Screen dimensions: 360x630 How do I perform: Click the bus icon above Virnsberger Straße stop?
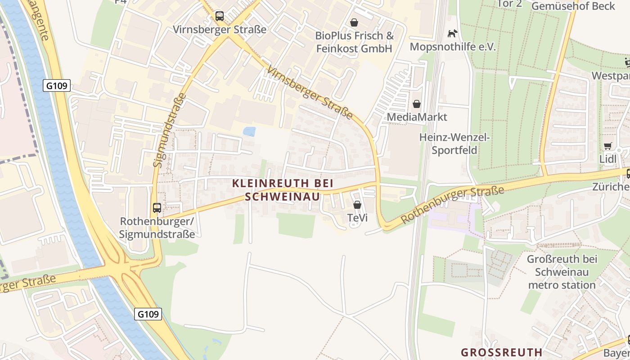pos(219,16)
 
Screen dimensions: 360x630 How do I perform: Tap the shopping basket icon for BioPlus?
pos(355,22)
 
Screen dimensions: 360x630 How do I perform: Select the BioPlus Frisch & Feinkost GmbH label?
pos(354,42)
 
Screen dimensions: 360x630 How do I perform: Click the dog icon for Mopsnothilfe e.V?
pos(452,34)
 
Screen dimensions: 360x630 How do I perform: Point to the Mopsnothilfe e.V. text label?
pos(453,47)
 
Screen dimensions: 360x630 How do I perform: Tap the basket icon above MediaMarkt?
pos(417,104)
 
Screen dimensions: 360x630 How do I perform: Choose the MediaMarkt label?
pos(417,117)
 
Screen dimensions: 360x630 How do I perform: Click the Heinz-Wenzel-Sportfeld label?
pos(454,144)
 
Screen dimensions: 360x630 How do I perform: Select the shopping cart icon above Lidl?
pos(607,146)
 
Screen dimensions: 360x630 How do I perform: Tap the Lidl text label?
pos(607,159)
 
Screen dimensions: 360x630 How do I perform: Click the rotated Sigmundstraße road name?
pos(170,130)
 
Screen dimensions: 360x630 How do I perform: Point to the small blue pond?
pos(249,131)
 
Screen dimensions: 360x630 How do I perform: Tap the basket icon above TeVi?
pos(357,205)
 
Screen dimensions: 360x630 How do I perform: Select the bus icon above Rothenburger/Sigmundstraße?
pos(157,208)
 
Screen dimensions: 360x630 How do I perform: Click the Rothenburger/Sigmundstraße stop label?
pos(157,228)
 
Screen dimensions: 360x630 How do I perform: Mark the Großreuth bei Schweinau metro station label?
pos(562,272)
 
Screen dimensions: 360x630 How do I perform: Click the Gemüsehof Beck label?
pos(573,6)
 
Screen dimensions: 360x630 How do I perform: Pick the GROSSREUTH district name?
pos(502,352)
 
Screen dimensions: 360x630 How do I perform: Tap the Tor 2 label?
pos(509,4)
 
